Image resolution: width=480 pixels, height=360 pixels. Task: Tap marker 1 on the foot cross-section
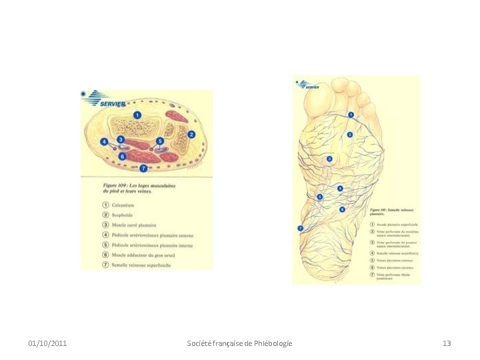pyautogui.click(x=137, y=115)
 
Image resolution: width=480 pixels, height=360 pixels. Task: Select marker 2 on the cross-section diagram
pyautogui.click(x=191, y=134)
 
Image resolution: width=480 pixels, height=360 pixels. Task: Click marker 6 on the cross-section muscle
pyautogui.click(x=122, y=156)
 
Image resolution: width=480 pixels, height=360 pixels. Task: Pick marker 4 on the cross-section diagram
pyautogui.click(x=104, y=142)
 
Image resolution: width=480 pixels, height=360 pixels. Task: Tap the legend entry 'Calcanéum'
pyautogui.click(x=127, y=205)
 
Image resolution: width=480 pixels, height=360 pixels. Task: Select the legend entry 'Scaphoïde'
pyautogui.click(x=126, y=215)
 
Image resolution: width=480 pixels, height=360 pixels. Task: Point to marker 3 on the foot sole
pyautogui.click(x=329, y=159)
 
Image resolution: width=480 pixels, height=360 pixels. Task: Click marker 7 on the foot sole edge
pyautogui.click(x=301, y=229)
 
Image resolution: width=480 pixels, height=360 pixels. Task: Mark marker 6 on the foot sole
pyautogui.click(x=342, y=209)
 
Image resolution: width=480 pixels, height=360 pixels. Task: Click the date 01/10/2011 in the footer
pyautogui.click(x=47, y=343)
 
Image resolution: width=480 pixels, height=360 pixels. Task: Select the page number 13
pyautogui.click(x=447, y=343)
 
